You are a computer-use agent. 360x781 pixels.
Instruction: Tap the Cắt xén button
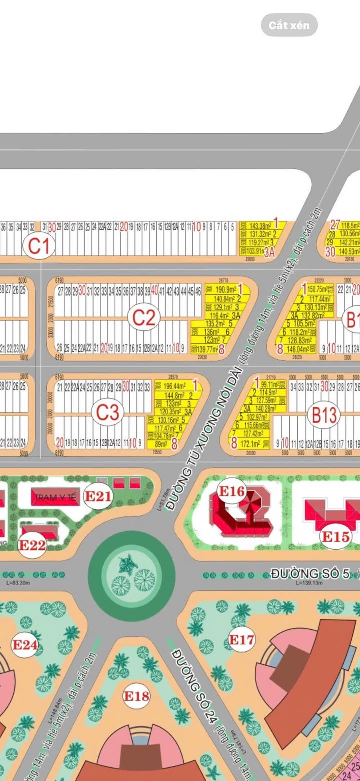289,25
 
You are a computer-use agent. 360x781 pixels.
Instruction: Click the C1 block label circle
40,246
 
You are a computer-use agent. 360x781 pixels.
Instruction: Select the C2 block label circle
144,317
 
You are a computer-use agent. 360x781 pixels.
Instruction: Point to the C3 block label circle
107,413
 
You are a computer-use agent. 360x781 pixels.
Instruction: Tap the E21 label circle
97,496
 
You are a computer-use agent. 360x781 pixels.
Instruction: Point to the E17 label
242,639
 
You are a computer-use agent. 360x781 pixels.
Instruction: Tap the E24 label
25,645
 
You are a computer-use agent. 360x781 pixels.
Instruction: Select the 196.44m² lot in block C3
175,386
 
